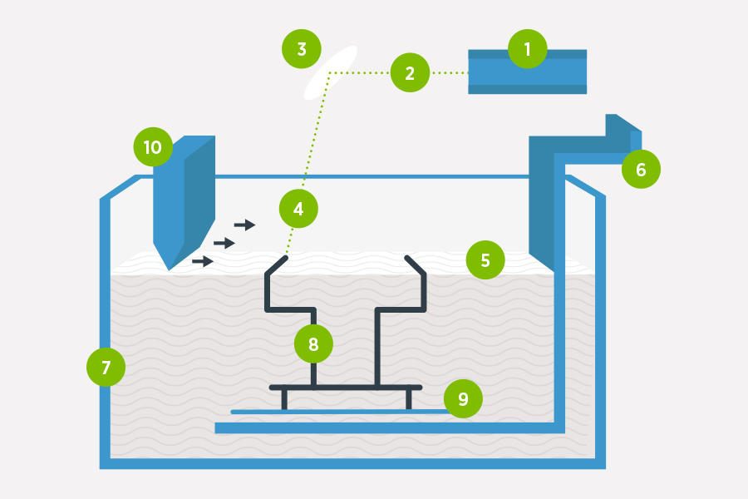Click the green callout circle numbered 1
(x=528, y=49)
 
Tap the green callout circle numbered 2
(x=410, y=72)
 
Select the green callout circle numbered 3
(x=301, y=49)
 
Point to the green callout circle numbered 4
(x=298, y=209)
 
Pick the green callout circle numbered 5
(x=486, y=260)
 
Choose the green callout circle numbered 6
(x=641, y=170)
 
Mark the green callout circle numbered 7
(x=106, y=367)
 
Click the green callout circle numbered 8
(x=313, y=343)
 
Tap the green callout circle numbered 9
(x=463, y=398)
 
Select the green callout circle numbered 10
(x=153, y=147)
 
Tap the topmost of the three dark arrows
(x=244, y=225)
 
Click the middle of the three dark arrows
(x=224, y=243)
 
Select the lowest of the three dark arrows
(x=203, y=261)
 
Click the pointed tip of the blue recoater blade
(x=170, y=267)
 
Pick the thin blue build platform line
(x=341, y=411)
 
